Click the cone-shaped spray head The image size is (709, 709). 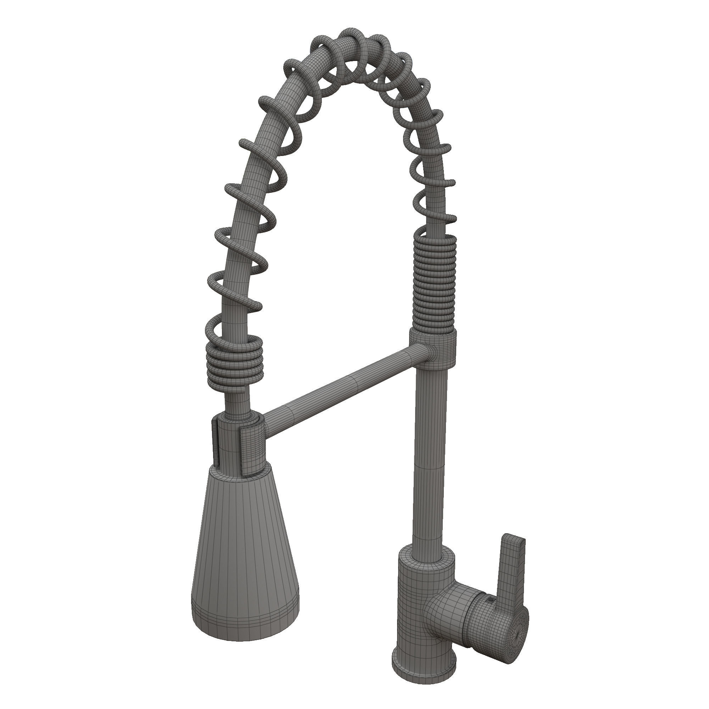pos(245,543)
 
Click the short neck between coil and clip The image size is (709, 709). pos(238,402)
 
